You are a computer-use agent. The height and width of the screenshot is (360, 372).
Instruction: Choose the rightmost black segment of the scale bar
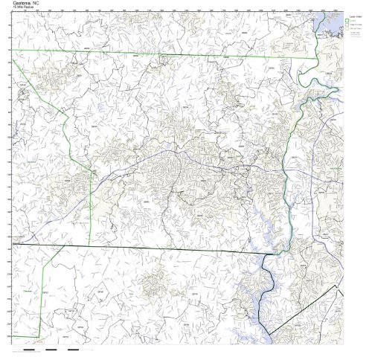tap(73, 348)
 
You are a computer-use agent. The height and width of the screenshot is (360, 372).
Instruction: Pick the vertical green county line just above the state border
tap(91, 208)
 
